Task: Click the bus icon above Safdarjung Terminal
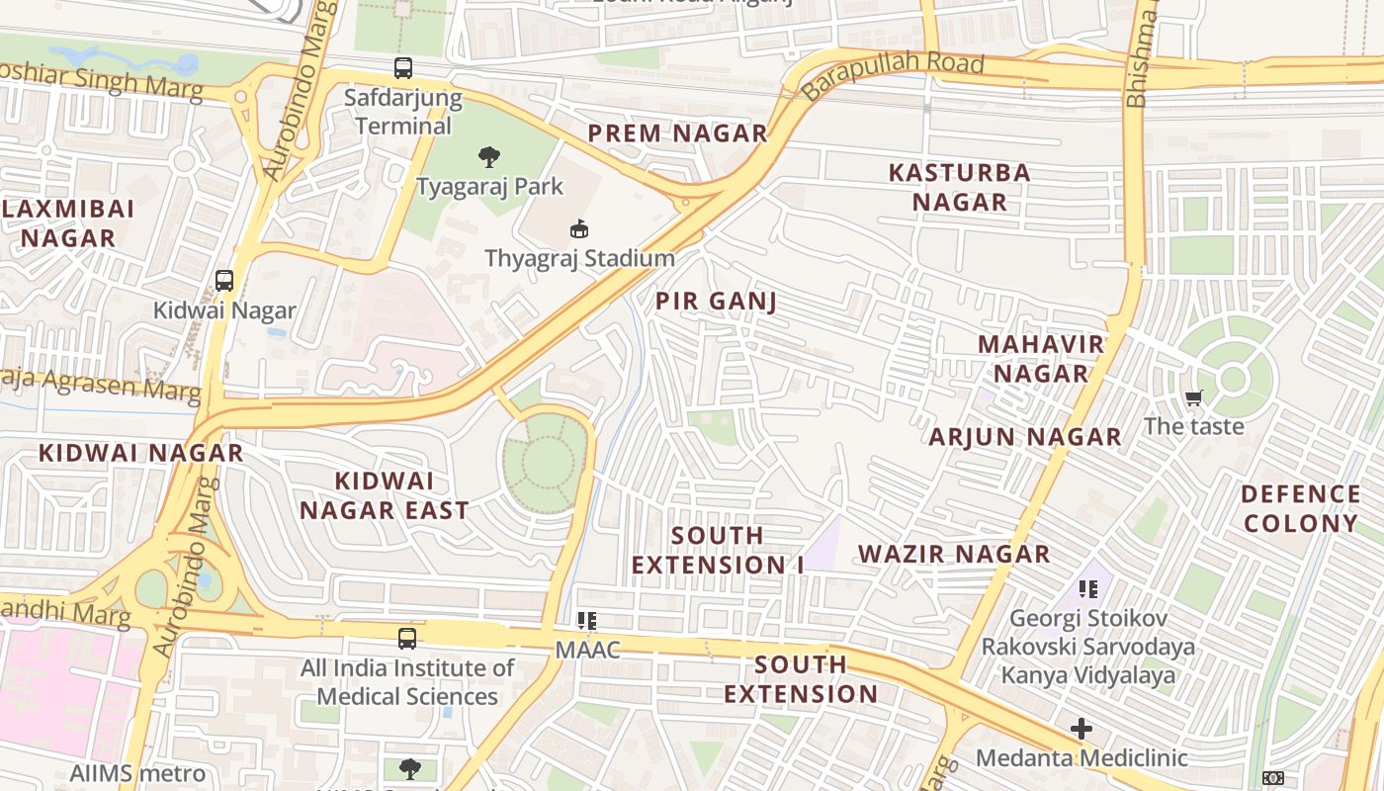[x=402, y=68]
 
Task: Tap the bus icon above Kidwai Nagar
[x=224, y=281]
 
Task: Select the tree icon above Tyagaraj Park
[x=488, y=156]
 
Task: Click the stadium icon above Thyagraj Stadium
[x=579, y=229]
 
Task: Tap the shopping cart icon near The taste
[x=1193, y=397]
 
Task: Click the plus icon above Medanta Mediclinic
[x=1081, y=730]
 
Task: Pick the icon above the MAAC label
[x=587, y=621]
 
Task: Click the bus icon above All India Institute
[x=406, y=639]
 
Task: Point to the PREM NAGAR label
[x=677, y=133]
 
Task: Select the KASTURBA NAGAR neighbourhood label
[x=959, y=187]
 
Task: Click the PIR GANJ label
[x=716, y=302]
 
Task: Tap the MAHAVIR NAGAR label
[x=1041, y=359]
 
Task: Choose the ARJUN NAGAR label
[x=1025, y=436]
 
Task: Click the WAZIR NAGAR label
[x=954, y=554]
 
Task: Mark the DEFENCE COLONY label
[x=1301, y=508]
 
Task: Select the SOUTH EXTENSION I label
[x=718, y=550]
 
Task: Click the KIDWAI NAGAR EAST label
[x=385, y=495]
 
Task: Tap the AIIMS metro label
[x=137, y=773]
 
